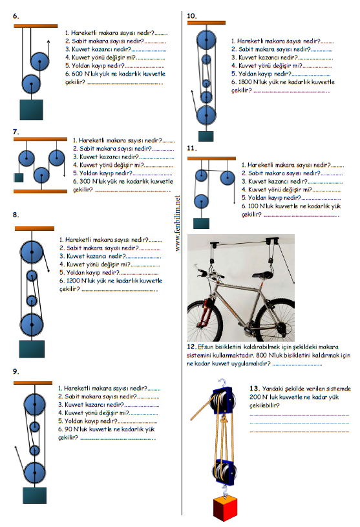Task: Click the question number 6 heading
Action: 16,16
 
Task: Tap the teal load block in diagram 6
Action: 31,109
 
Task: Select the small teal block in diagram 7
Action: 19,178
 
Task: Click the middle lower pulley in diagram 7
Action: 41,175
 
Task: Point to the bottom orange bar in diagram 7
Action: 40,191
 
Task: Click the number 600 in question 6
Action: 76,74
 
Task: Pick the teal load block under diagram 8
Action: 32,349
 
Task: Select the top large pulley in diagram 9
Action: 35,404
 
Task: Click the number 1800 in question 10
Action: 245,82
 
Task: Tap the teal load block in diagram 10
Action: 206,136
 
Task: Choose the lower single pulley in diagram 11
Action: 201,202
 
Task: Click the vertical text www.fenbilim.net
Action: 178,223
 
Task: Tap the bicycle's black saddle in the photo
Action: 262,275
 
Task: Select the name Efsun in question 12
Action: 206,347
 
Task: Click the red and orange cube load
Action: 225,508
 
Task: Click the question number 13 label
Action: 254,389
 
